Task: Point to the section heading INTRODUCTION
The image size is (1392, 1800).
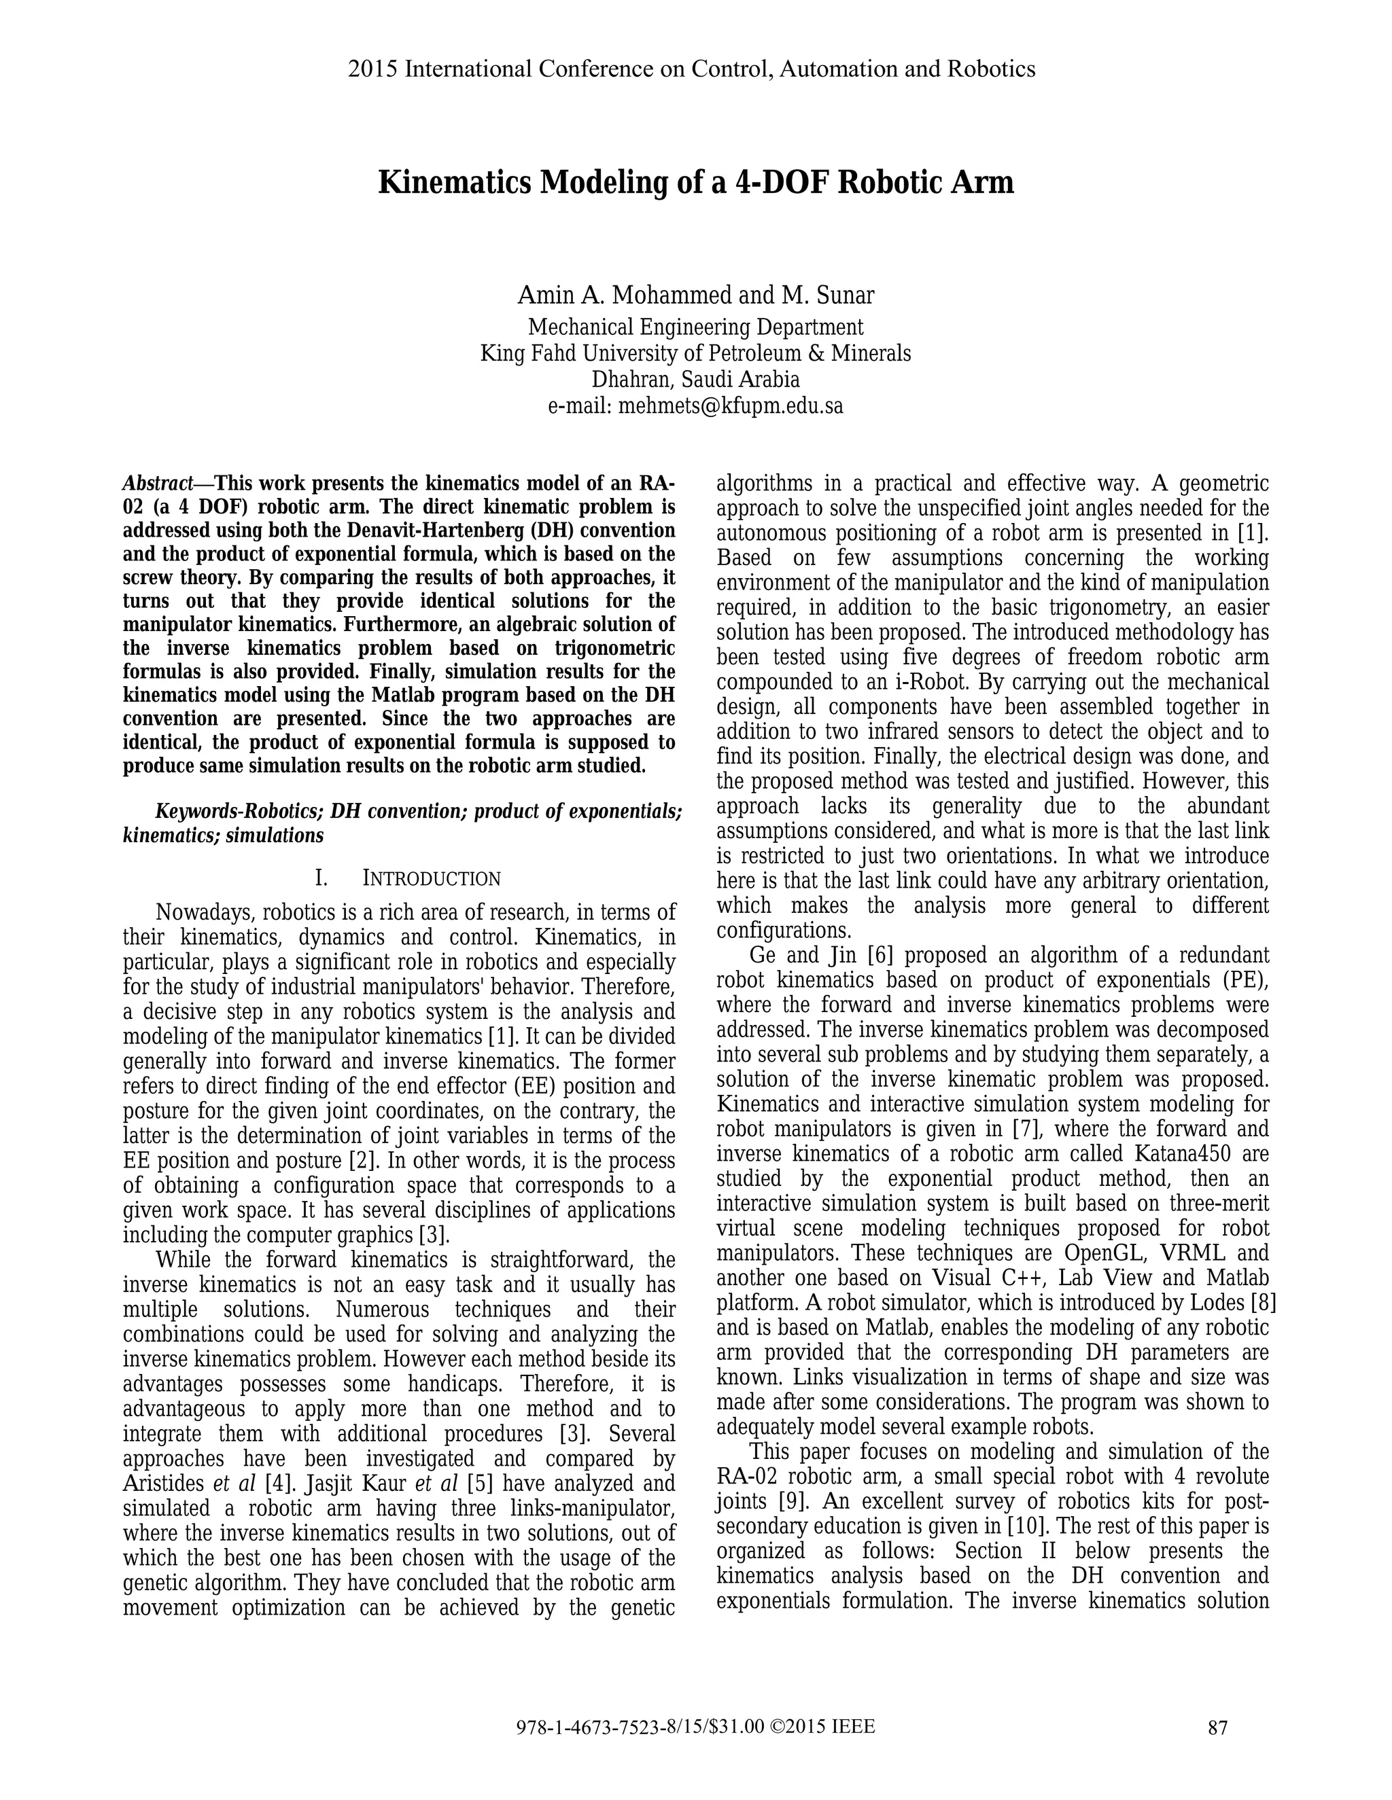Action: [432, 878]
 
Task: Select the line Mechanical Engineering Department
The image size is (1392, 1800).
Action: [695, 327]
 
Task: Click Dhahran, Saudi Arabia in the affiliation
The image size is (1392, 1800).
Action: [695, 379]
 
